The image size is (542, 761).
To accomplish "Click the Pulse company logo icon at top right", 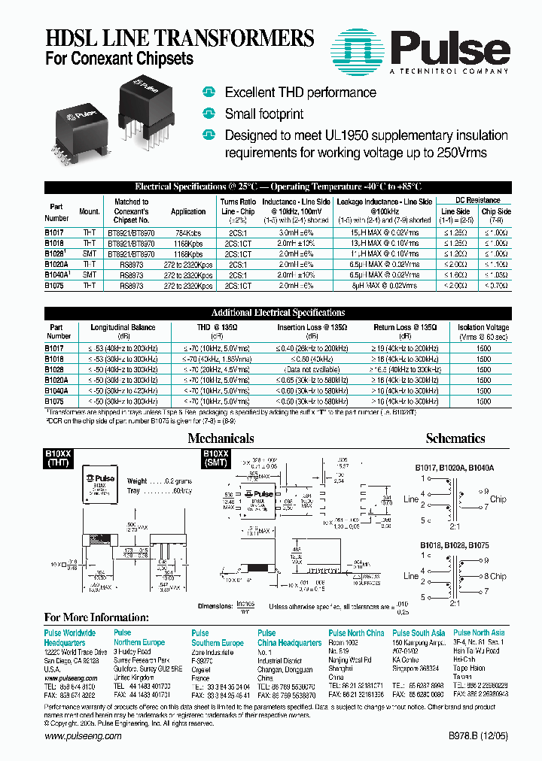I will coord(358,49).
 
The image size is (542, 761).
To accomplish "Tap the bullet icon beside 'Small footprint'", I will coord(209,114).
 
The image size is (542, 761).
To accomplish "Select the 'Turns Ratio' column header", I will coord(239,202).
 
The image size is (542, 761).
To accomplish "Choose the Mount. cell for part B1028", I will coord(89,255).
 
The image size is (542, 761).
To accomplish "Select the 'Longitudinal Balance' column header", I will coord(122,327).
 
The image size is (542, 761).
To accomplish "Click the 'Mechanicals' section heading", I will coord(221,438).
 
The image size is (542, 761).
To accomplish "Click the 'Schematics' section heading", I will coord(455,438).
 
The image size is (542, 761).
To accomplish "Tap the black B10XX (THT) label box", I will coord(59,459).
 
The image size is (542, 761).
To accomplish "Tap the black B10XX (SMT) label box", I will coord(215,459).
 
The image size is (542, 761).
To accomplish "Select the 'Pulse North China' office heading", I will coord(356,633).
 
